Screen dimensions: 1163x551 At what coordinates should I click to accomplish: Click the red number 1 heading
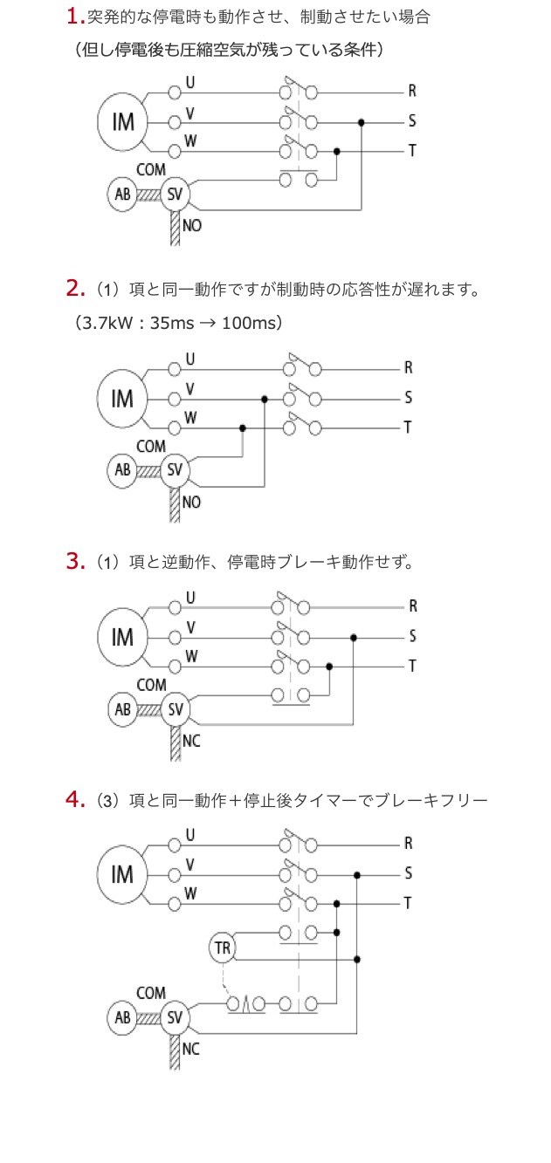point(74,16)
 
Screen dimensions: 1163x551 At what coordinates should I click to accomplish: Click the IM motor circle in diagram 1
point(123,121)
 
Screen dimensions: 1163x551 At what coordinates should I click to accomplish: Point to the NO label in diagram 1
point(191,226)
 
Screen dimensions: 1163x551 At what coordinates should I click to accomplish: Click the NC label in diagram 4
point(190,1049)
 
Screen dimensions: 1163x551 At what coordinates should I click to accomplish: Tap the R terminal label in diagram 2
point(408,367)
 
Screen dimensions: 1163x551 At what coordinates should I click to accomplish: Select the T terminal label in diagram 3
point(412,665)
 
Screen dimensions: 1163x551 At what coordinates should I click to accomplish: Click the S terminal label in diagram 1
point(411,120)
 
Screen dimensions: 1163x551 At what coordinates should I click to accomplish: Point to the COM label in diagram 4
point(151,993)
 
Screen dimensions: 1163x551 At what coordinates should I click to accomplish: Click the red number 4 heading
point(74,798)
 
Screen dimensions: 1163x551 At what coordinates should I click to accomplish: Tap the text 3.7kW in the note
point(105,323)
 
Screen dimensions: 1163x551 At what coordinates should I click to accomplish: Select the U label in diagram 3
point(189,597)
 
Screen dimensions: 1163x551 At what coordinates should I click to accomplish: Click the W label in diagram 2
point(190,417)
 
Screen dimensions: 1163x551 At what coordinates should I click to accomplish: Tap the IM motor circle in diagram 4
point(123,873)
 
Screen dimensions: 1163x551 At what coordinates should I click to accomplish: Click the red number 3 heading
point(74,560)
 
